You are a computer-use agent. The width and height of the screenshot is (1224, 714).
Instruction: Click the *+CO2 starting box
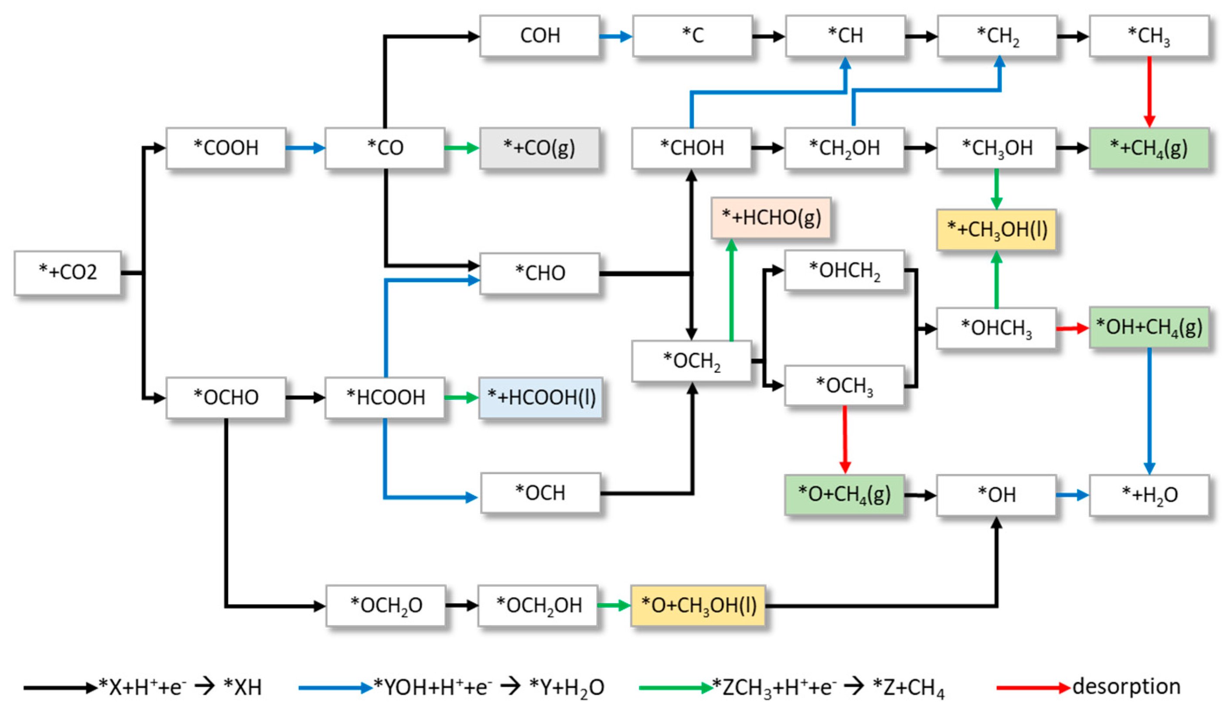point(68,273)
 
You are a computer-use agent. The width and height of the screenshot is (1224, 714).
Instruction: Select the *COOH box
point(226,148)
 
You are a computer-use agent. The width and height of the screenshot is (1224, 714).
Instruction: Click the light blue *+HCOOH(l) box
point(541,397)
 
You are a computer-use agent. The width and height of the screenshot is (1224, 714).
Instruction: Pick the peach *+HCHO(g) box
point(771,218)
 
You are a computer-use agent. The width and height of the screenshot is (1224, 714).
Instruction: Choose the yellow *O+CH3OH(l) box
point(698,605)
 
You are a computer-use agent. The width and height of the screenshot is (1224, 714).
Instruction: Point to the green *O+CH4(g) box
point(844,495)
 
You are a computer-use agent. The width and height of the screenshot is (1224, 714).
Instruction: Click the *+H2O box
point(1149,495)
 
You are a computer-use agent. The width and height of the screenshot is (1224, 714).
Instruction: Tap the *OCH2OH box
point(538,605)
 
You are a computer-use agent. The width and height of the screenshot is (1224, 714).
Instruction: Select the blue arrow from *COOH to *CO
point(305,148)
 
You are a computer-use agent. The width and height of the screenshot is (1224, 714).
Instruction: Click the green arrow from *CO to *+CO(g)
point(461,148)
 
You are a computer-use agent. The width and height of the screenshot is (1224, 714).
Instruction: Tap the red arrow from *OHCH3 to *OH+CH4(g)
point(1072,328)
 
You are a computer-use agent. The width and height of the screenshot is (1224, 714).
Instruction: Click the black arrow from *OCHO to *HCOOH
point(305,397)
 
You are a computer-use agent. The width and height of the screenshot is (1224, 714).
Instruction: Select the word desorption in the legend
point(1126,687)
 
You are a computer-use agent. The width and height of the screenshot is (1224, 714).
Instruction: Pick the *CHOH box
point(692,148)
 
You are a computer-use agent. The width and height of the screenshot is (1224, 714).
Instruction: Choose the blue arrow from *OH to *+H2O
point(1072,495)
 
